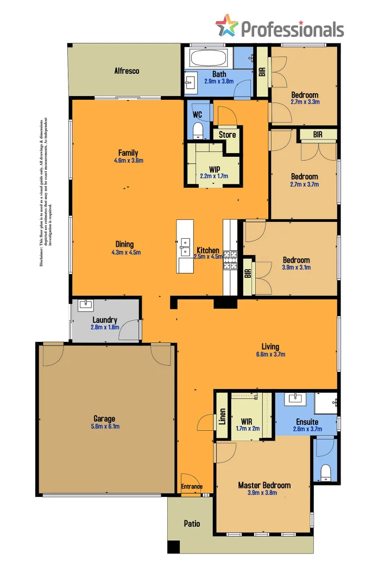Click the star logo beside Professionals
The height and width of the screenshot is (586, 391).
[226, 26]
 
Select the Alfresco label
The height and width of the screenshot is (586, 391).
[127, 71]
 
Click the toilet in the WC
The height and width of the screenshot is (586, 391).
[198, 130]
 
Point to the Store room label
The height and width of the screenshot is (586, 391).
[227, 135]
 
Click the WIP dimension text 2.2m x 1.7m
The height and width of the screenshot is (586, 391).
[214, 176]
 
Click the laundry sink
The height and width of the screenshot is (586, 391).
[86, 304]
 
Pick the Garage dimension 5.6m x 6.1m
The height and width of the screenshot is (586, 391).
[105, 426]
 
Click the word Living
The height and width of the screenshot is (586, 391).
[270, 347]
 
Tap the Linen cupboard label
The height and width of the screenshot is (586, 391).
[222, 416]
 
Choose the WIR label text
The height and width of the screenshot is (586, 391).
[248, 421]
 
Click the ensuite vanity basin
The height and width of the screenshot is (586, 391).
[296, 398]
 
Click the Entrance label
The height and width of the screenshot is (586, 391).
[192, 487]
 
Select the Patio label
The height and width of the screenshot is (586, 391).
[192, 524]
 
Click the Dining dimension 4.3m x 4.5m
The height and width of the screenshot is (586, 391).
[126, 252]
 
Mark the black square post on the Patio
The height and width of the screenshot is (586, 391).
[173, 547]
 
